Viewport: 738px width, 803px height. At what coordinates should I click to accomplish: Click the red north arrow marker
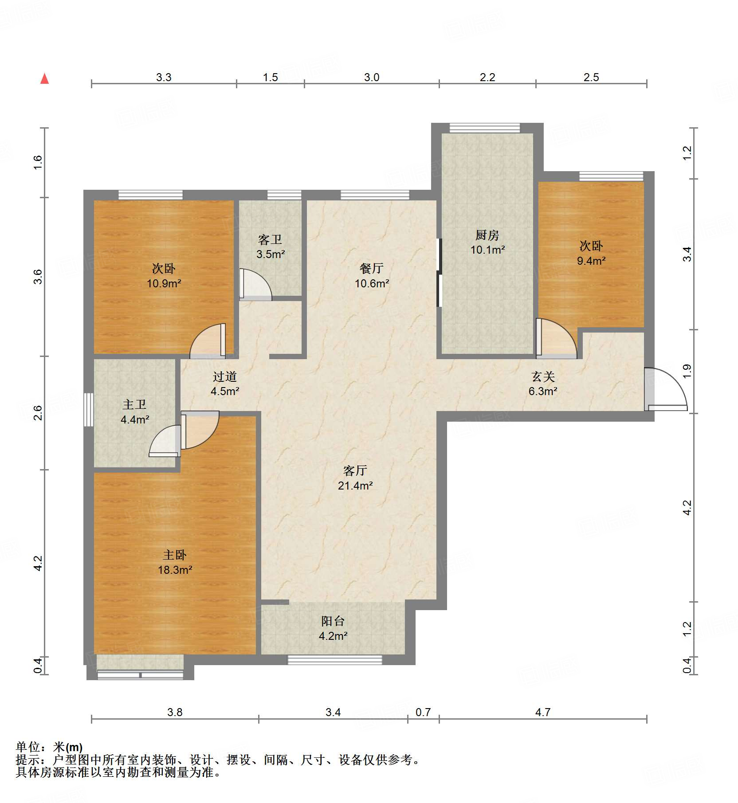(x=44, y=79)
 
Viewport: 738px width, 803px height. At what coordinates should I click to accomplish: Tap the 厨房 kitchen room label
(x=487, y=235)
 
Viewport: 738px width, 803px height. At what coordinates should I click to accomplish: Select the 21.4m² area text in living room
(x=355, y=486)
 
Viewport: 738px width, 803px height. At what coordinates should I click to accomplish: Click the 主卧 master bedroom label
(x=174, y=555)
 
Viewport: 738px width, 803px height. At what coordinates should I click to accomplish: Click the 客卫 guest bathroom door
(x=255, y=284)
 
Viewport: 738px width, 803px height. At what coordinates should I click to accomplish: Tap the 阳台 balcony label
(x=333, y=621)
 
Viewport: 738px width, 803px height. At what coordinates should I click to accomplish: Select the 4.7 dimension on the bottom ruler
(x=542, y=712)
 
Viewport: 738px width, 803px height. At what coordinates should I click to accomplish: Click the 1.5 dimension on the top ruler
(x=270, y=77)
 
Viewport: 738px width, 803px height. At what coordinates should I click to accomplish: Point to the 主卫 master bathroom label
(x=134, y=404)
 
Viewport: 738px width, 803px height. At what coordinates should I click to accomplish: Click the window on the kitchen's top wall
(x=484, y=128)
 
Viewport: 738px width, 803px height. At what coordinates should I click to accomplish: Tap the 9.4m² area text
(x=591, y=261)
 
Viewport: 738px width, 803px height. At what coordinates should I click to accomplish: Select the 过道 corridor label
(x=224, y=376)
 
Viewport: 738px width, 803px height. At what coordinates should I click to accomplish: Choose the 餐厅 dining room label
(x=371, y=268)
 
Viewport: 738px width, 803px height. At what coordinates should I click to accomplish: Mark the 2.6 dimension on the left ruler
(x=38, y=413)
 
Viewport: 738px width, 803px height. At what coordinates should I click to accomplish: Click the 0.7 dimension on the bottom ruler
(x=423, y=712)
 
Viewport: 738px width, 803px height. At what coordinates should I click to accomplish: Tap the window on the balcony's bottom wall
(x=335, y=660)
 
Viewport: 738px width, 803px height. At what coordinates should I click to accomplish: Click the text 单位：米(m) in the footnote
(x=49, y=748)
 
